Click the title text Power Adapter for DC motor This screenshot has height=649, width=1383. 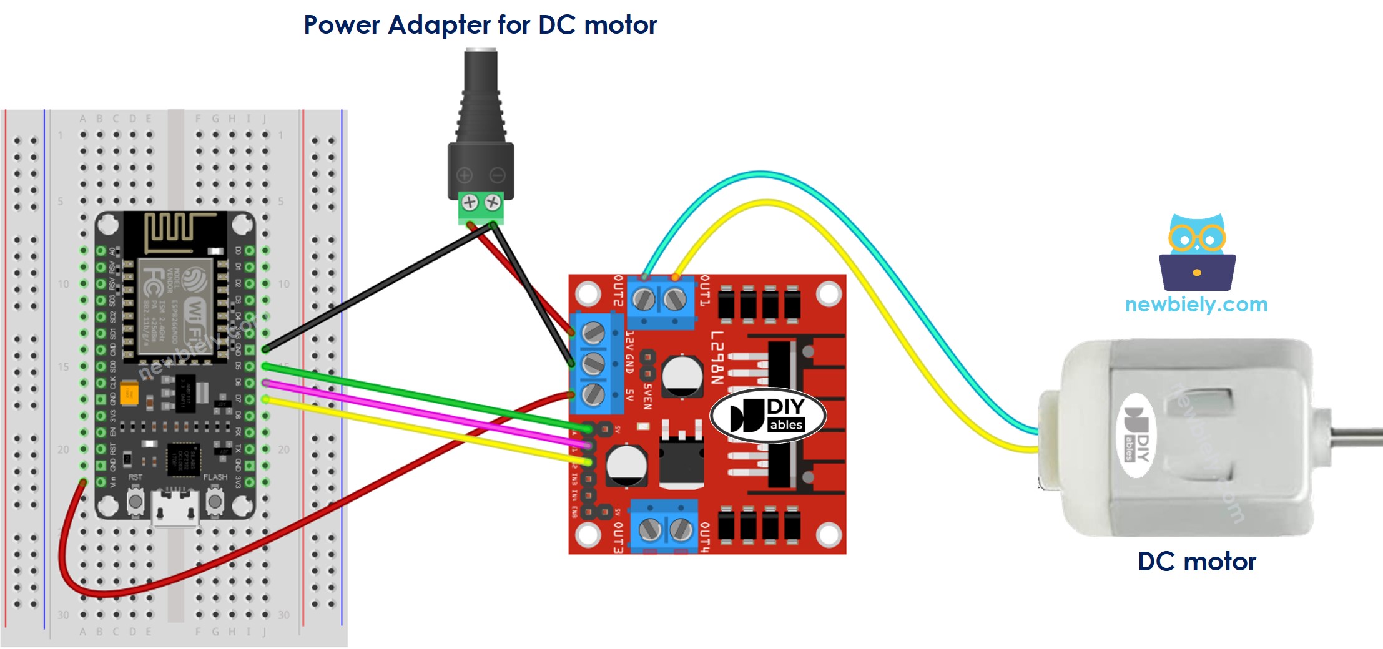(x=480, y=25)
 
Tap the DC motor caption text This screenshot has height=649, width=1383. (x=1196, y=561)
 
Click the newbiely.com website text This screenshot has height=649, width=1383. (x=1196, y=305)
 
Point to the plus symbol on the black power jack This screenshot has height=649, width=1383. (x=465, y=175)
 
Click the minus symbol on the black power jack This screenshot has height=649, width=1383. (x=497, y=175)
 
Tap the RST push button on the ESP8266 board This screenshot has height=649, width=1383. (x=135, y=500)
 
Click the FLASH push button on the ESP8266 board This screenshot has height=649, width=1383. (x=215, y=500)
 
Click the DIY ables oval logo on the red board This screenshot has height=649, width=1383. (x=768, y=415)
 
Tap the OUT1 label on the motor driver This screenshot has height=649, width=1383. (x=705, y=290)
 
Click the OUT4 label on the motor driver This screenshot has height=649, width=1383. (x=705, y=537)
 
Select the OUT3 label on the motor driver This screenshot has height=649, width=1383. (x=618, y=537)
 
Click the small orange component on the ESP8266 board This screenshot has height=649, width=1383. (x=130, y=393)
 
